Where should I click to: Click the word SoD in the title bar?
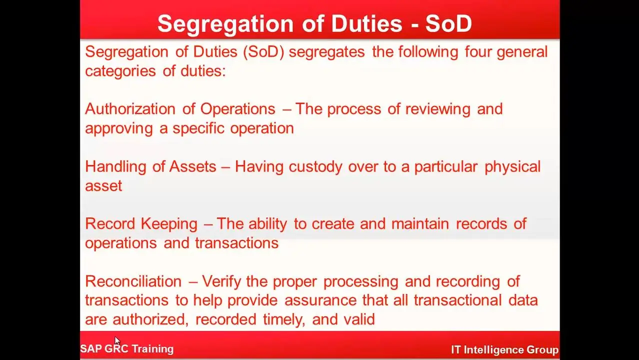448,23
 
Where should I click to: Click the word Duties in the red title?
366,23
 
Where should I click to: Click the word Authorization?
130,109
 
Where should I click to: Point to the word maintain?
420,224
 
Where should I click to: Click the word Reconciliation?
133,281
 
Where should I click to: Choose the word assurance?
320,300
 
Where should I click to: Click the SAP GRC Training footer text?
127,349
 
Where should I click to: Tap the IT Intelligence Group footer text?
504,350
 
